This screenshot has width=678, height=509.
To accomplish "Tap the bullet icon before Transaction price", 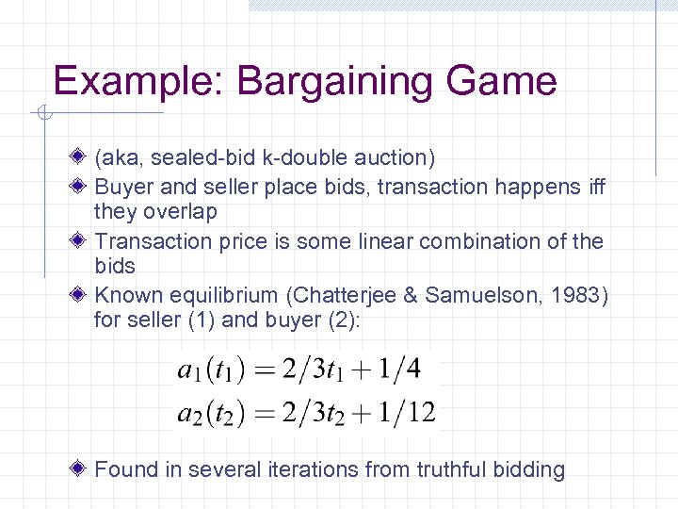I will pyautogui.click(x=83, y=240).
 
